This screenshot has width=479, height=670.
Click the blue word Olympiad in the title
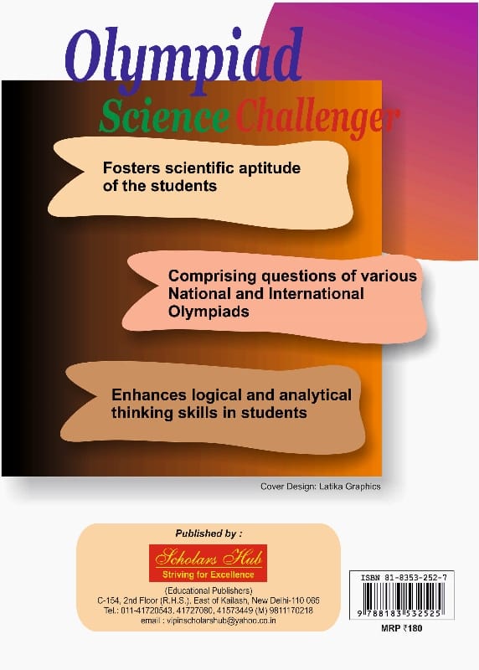click(x=184, y=59)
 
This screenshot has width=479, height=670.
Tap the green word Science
click(x=164, y=116)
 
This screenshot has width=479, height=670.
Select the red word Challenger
click(x=317, y=117)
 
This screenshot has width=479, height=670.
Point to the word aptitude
click(x=269, y=168)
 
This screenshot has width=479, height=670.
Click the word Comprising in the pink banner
click(x=213, y=276)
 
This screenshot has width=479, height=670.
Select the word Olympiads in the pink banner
click(x=209, y=312)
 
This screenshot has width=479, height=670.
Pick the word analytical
click(x=316, y=395)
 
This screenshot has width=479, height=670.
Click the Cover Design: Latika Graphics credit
click(x=321, y=487)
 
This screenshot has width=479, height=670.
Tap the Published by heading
click(x=209, y=533)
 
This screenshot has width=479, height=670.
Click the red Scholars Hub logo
click(x=208, y=563)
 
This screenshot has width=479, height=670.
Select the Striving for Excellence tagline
click(x=208, y=575)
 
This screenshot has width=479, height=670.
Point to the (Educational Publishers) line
click(x=209, y=590)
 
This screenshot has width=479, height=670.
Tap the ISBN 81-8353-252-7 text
click(x=404, y=578)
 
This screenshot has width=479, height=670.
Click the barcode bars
click(x=402, y=596)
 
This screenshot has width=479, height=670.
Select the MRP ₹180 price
click(x=401, y=628)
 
